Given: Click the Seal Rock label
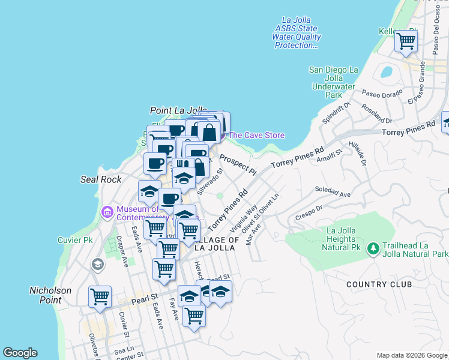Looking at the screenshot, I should pos(101,179).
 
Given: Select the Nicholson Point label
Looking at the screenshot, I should pos(50,295).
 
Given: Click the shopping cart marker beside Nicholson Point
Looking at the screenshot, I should pos(100,296).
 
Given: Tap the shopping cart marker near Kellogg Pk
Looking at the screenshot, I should pos(406,41).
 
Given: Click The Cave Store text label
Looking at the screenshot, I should pos(256,136).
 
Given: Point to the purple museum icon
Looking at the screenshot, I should pos(108,211).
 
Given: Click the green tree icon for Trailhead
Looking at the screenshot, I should pos(373,248).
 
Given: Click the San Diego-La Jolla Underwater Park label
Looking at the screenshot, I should pos(335,82).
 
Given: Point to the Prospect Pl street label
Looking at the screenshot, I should pos(238,164).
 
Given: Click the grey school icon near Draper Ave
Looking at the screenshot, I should pos(97,265).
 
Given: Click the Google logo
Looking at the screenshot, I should pos(20,353).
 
